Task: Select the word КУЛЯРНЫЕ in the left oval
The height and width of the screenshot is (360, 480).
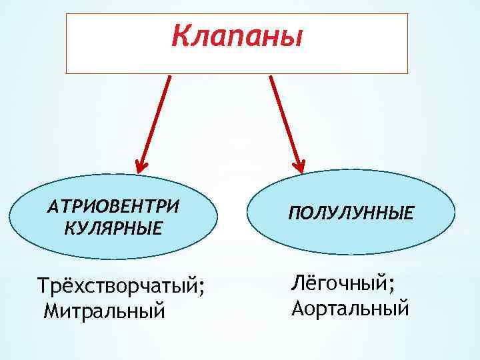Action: [x=113, y=229]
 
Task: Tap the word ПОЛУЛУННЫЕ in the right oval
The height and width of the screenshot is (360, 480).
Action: [x=351, y=214]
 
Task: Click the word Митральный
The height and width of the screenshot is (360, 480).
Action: [x=103, y=311]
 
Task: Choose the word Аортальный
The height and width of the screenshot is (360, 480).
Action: [x=350, y=308]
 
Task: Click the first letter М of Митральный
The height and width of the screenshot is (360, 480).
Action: [x=51, y=310]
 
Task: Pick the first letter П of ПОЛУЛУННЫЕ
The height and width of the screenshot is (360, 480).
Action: [x=295, y=214]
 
